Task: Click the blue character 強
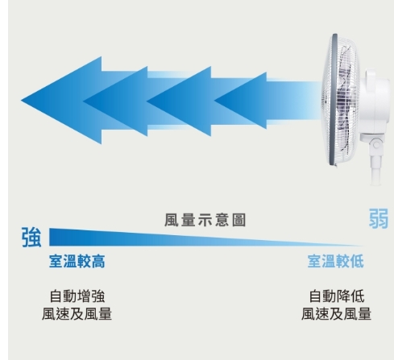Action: pos(31,237)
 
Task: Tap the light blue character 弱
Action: pos(379,218)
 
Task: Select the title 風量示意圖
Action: pos(205,221)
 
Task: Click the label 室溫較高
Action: pos(77,261)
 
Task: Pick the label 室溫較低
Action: pos(336,261)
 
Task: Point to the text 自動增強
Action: pos(77,296)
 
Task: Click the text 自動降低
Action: pos(337,296)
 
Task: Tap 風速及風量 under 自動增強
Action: pos(77,313)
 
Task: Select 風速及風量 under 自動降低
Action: pos(336,313)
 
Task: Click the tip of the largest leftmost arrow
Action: pos(21,101)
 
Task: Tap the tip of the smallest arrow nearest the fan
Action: pos(214,101)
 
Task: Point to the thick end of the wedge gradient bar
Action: pos(50,237)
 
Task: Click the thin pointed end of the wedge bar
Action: pos(363,246)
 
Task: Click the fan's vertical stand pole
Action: pos(375,170)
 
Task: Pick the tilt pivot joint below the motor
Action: pos(376,145)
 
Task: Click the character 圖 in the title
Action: pos(239,221)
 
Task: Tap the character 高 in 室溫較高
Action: pos(98,261)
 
